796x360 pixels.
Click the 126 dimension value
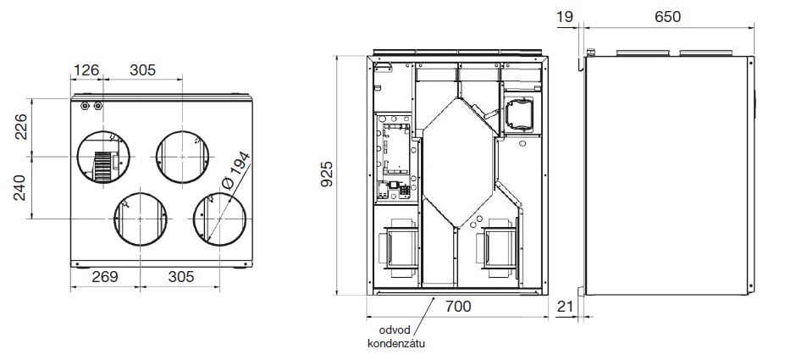coord(86,70)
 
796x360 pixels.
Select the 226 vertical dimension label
coord(19,127)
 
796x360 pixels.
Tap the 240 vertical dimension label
coord(19,187)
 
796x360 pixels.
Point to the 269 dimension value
coord(105,277)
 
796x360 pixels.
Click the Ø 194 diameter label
coord(236,170)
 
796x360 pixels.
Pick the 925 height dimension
coord(328,174)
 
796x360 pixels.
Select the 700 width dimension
coord(458,307)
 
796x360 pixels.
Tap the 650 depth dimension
coord(667,17)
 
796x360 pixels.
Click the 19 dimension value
coord(565,17)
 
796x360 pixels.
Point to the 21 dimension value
coord(565,307)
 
